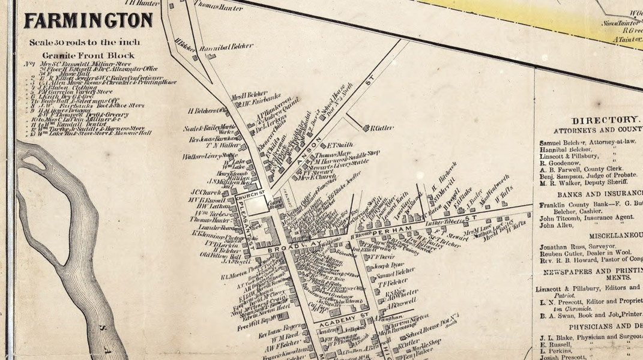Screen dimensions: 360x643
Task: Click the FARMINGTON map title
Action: pos(88,22)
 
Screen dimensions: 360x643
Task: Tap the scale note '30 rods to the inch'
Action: pos(85,43)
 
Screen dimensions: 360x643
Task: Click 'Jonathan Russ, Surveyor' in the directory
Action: pos(577,247)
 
